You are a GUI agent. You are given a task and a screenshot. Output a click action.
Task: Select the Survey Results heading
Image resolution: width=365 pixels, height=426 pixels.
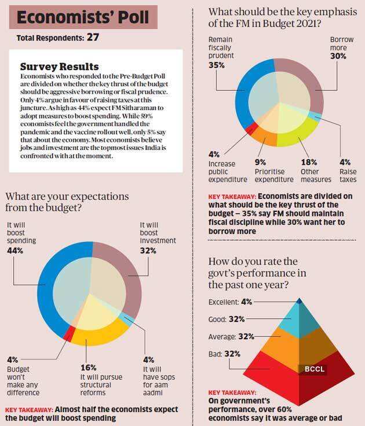click(x=60, y=67)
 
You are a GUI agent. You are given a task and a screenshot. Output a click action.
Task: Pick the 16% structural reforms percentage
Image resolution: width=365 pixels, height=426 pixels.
click(x=89, y=368)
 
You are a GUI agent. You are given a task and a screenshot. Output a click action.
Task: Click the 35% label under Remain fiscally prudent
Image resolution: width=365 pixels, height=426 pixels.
click(x=217, y=66)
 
